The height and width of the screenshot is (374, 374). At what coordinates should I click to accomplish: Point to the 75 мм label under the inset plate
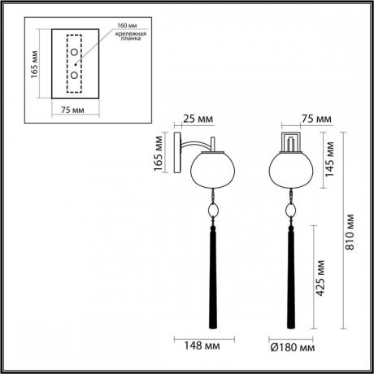(x=74, y=108)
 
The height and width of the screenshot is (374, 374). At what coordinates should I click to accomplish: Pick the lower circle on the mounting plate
(x=75, y=75)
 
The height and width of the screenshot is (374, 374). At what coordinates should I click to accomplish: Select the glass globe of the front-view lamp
(x=290, y=169)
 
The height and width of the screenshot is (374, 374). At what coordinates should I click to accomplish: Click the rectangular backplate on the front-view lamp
(x=290, y=144)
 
